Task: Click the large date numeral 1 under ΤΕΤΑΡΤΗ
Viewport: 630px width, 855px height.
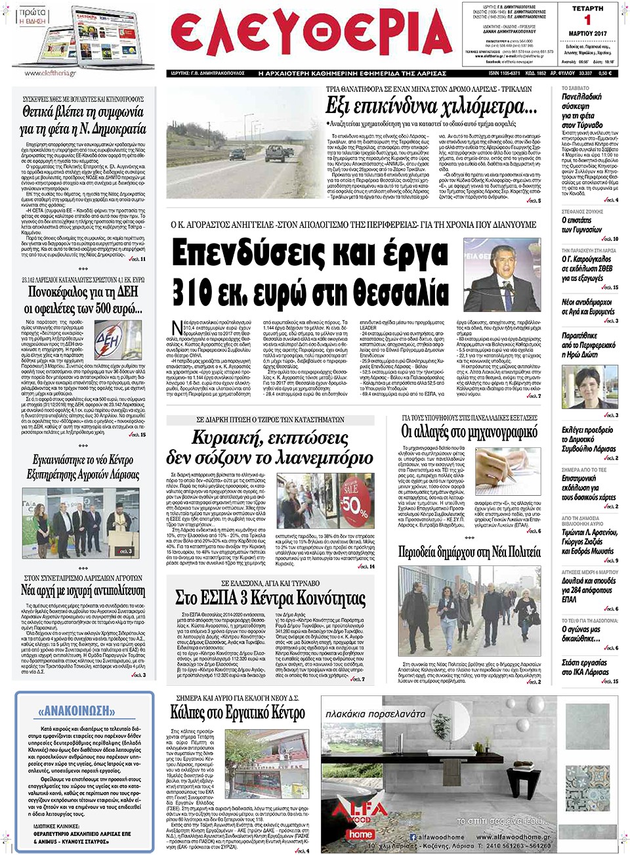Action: pyautogui.click(x=587, y=20)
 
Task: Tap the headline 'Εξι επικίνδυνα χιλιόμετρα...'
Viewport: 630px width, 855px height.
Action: pyautogui.click(x=430, y=106)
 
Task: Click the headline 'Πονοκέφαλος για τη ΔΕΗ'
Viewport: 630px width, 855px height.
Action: pyautogui.click(x=83, y=292)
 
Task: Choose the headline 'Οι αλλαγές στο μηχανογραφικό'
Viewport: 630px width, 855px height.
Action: pyautogui.click(x=469, y=432)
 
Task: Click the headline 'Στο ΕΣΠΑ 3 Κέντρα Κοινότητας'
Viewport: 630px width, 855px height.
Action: pyautogui.click(x=270, y=598)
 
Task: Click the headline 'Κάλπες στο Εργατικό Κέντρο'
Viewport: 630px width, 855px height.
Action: pyautogui.click(x=238, y=713)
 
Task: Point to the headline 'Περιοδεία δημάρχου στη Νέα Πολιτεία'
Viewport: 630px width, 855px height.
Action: pyautogui.click(x=469, y=552)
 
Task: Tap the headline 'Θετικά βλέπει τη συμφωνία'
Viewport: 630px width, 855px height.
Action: pyautogui.click(x=83, y=120)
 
